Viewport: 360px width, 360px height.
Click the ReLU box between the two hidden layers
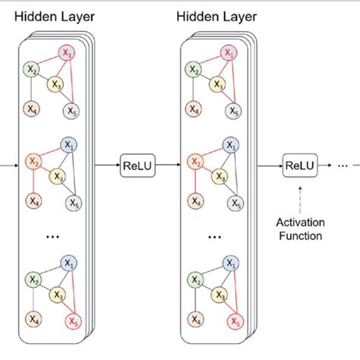(137, 164)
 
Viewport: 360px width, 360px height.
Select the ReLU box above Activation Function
(299, 164)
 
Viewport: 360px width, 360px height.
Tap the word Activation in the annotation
(299, 222)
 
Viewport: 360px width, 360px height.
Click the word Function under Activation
(299, 235)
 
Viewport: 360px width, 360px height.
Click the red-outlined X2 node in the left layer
(33, 162)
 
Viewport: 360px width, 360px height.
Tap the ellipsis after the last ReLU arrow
(344, 165)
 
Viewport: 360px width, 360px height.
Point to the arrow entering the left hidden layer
(8, 163)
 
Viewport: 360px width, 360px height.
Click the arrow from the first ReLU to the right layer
(169, 164)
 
